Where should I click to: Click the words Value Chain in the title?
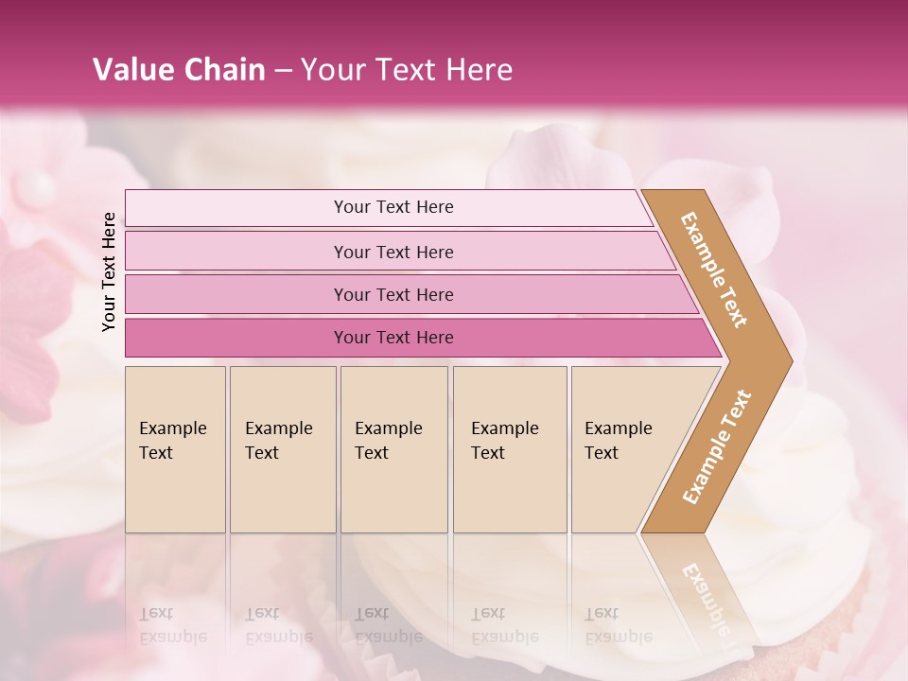coord(179,69)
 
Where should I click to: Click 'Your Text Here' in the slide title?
coord(407,69)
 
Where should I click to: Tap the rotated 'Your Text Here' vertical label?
coord(109,271)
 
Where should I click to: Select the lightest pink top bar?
coord(236,208)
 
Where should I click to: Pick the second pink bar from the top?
coord(236,252)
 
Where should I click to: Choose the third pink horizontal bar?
coord(236,294)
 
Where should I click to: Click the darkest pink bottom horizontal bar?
coord(236,338)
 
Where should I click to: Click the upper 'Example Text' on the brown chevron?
coord(714,270)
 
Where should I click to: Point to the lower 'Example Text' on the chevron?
coord(716,446)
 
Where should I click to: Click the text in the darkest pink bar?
coord(393,338)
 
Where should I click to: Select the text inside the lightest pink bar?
coord(393,207)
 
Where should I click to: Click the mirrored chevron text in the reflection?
coord(705,596)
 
